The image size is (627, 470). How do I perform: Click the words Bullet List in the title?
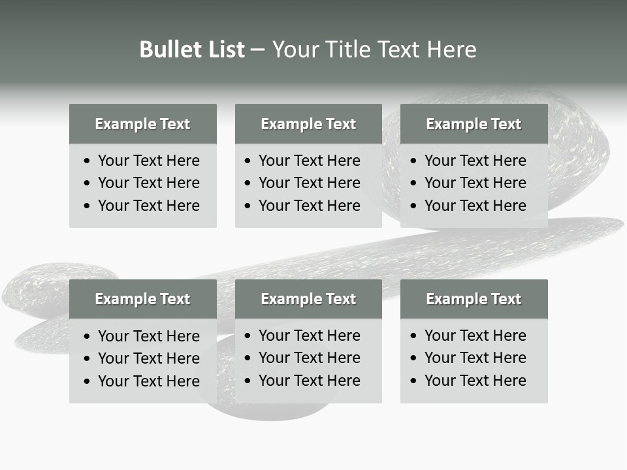pyautogui.click(x=192, y=50)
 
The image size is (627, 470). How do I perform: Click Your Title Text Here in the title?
pyautogui.click(x=374, y=50)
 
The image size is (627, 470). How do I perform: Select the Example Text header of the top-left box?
pyautogui.click(x=142, y=124)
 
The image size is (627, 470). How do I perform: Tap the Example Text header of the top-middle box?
pyautogui.click(x=308, y=124)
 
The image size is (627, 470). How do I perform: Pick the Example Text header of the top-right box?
pyautogui.click(x=474, y=124)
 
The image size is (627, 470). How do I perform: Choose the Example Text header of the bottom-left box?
pyautogui.click(x=142, y=299)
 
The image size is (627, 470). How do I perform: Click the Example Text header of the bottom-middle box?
pyautogui.click(x=308, y=299)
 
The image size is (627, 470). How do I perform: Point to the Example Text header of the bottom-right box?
pyautogui.click(x=474, y=299)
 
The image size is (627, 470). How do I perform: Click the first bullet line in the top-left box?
pyautogui.click(x=149, y=161)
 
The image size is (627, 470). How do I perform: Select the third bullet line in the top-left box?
pyautogui.click(x=149, y=206)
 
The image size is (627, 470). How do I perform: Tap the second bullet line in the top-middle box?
pyautogui.click(x=310, y=183)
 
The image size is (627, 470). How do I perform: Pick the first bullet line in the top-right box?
pyautogui.click(x=475, y=161)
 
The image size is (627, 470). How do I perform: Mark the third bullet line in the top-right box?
pyautogui.click(x=475, y=206)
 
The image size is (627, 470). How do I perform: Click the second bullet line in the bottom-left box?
pyautogui.click(x=149, y=358)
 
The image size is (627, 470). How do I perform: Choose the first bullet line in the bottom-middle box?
pyautogui.click(x=310, y=336)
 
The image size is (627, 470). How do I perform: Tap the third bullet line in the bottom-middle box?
pyautogui.click(x=310, y=381)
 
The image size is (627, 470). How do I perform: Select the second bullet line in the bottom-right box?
pyautogui.click(x=475, y=358)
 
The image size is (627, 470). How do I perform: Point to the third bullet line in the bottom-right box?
pyautogui.click(x=475, y=381)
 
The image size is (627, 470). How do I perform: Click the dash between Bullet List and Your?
pyautogui.click(x=258, y=50)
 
